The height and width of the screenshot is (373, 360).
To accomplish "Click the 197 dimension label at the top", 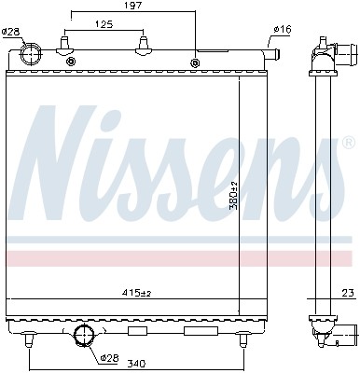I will [132, 7].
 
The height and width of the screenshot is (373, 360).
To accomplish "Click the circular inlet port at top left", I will [31, 55].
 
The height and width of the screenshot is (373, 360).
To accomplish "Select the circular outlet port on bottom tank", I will [84, 335].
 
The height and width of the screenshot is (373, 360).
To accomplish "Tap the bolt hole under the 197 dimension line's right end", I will [195, 63].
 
